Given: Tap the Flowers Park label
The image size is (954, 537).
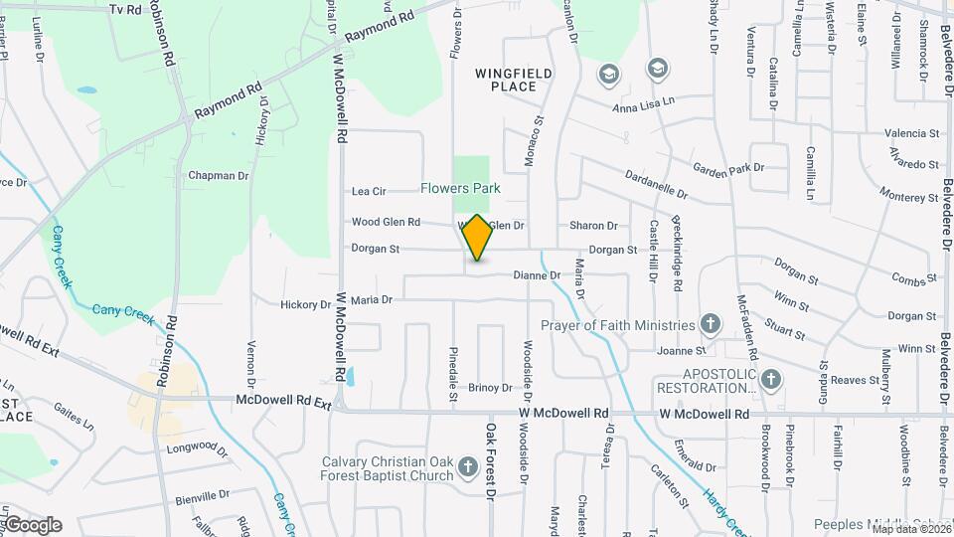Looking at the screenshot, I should pos(459,188).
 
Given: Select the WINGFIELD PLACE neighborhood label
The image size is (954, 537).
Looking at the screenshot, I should pos(513,80).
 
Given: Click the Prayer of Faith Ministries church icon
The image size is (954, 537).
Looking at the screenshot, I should pos(710,324).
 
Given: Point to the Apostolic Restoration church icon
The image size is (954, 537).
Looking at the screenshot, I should pos(772,379).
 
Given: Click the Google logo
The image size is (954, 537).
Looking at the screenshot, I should pos(33,525).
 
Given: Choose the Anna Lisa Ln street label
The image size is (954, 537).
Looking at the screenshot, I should pos(643,101).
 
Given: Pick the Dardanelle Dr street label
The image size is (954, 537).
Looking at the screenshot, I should pos(657,182).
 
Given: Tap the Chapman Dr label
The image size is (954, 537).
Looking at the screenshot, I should pos(218,176).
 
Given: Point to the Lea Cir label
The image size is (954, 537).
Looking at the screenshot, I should pos(369,191).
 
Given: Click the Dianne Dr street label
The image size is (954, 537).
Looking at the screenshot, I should pos(537,275).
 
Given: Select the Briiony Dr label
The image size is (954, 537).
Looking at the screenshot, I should pos(490,388).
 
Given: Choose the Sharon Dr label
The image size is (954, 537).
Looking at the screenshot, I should pos(593,226).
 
